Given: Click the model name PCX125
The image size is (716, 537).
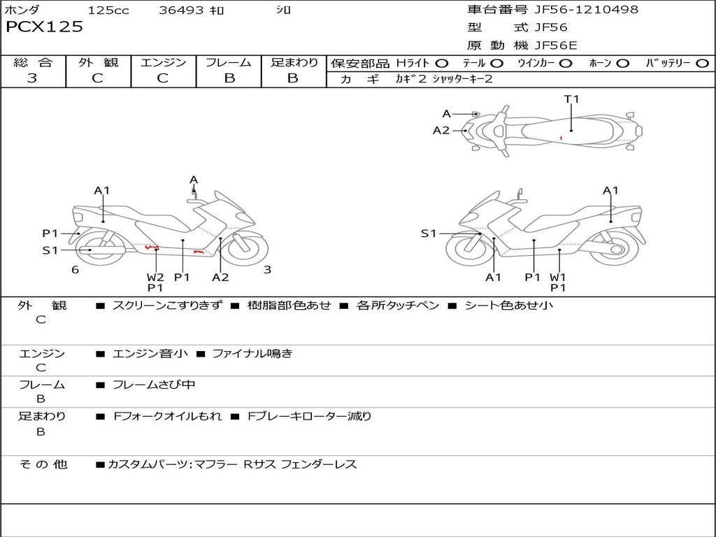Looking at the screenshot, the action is point(44,27).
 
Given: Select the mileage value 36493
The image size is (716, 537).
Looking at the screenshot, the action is point(181,10).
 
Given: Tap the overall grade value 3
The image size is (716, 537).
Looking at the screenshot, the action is point(32,78).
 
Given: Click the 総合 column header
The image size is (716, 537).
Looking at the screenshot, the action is point(33,63).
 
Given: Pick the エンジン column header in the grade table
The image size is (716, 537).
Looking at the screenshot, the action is point(163,63).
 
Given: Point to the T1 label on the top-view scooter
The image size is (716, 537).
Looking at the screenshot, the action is point(572,99).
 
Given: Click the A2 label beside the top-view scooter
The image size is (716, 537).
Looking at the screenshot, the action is point(441,130).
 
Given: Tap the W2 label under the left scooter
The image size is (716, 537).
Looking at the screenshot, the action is point(155,277).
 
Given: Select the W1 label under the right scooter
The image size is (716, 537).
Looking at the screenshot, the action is point(557,277).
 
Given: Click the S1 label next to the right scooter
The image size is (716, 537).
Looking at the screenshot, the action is point(429,234).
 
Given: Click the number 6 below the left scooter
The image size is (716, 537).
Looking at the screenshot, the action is point(75,270).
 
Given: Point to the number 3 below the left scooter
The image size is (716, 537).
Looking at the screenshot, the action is point(267,270).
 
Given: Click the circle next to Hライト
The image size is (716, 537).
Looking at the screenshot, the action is point(442,64).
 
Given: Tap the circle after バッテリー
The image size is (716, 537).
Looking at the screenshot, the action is point(702,64).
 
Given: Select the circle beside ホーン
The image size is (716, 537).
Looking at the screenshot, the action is point(623,64).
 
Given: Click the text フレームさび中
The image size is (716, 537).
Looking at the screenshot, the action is point(154,385).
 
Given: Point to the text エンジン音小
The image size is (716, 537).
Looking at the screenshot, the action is point(150,354).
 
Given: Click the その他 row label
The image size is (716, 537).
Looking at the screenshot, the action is point(43,464).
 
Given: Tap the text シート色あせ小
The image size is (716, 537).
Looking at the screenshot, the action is point(508,306).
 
